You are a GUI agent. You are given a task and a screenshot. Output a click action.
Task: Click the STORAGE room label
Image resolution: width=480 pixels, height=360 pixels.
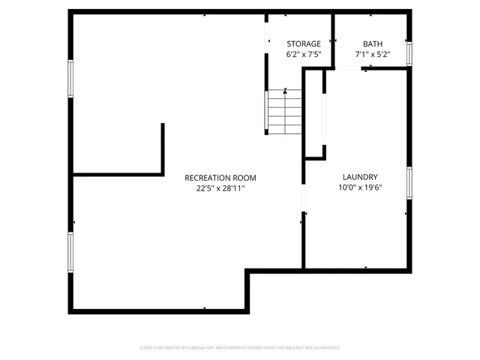tap(303, 44)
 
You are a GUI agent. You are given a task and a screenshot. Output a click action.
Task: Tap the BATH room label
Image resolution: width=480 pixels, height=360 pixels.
tap(372, 44)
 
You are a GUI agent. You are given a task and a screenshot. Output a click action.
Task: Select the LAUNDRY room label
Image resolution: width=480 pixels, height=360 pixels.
tap(357, 177)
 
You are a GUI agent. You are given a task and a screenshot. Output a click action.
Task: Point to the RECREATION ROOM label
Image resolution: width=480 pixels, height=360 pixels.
tap(220, 178)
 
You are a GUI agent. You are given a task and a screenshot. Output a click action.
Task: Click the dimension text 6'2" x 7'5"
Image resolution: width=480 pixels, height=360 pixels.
tap(303, 55)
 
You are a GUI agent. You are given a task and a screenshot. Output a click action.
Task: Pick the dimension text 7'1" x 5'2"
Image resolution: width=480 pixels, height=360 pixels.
tap(372, 55)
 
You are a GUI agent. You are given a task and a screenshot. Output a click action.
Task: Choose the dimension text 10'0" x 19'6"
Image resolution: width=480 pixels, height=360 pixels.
tap(357, 188)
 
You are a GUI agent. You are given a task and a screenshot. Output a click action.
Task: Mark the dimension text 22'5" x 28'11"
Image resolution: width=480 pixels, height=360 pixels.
tap(220, 188)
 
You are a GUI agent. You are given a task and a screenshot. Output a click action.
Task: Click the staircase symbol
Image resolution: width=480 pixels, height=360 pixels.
tap(284, 112)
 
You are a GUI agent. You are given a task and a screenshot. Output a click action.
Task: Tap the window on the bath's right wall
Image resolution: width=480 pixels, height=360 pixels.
tap(409, 53)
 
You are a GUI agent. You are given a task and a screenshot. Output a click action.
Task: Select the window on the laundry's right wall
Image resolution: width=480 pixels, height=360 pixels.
tap(409, 182)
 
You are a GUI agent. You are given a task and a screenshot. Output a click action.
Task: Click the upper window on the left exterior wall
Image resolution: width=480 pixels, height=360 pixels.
tap(71, 79)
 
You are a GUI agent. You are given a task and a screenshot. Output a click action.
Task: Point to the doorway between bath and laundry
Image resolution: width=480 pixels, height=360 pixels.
tap(346, 69)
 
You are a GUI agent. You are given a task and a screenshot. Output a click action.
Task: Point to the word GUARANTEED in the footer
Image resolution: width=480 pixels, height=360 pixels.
tap(324, 348)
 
